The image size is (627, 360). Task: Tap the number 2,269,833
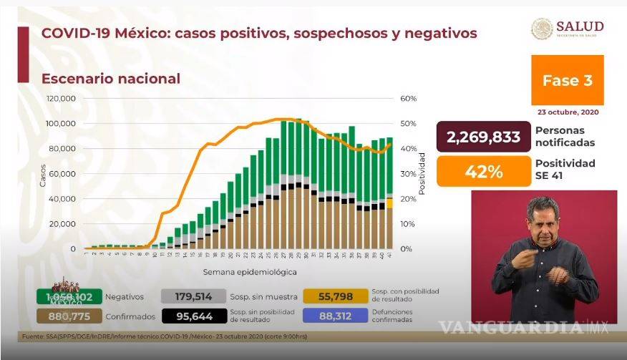tap(483, 137)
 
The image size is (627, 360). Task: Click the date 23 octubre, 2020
tap(568, 112)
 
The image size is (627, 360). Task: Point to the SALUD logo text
tap(578, 26)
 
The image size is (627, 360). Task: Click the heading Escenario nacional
tap(110, 79)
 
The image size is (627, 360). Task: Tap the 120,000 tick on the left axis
tap(62, 99)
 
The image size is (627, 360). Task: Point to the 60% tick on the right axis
tap(408, 99)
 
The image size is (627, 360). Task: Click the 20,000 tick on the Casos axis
tap(64, 224)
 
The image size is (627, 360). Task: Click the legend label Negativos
tap(125, 296)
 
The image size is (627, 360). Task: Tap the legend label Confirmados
tap(129, 314)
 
